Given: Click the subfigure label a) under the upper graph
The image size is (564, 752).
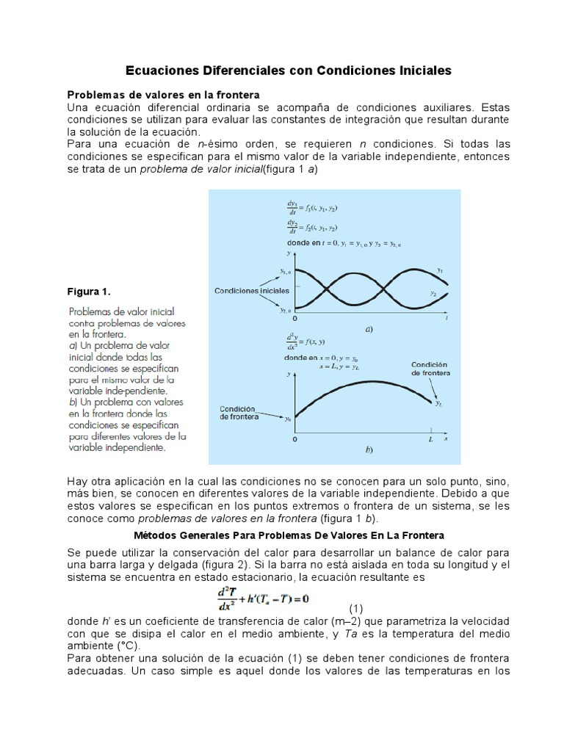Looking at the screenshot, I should tap(369, 330).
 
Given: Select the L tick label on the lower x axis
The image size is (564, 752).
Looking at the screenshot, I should tap(431, 438).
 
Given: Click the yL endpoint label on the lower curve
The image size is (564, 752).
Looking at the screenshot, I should tap(438, 403).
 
